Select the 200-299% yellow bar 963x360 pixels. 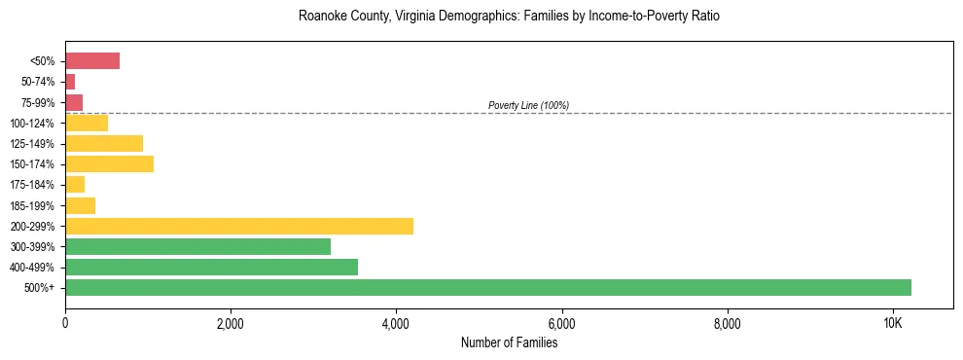[239, 226]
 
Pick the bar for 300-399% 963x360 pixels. [197, 246]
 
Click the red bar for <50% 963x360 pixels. [92, 61]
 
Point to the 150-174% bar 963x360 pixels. [109, 163]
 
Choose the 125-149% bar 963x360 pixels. [104, 144]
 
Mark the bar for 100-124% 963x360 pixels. [87, 123]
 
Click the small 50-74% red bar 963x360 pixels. [70, 82]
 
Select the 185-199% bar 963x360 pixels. [80, 205]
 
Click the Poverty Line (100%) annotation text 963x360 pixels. [528, 105]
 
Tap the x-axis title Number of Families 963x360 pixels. [509, 342]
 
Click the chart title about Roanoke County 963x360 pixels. [509, 17]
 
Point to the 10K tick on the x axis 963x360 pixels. [893, 323]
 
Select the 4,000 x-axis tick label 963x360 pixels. [396, 323]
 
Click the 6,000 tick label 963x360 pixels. [561, 323]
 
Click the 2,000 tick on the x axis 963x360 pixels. [231, 323]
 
